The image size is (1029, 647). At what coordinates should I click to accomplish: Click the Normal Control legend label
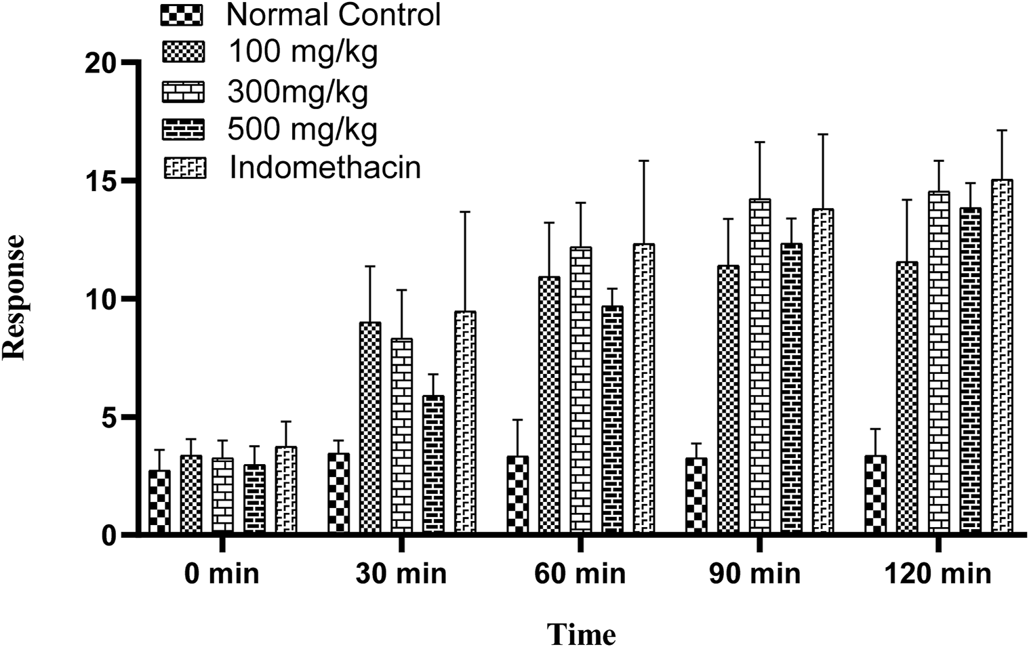tap(334, 14)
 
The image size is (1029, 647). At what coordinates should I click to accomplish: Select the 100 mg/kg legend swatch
tap(183, 52)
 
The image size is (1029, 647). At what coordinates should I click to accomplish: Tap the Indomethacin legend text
tap(325, 167)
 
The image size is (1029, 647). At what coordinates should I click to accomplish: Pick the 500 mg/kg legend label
tap(302, 129)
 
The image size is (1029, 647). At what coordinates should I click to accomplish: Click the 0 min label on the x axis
tap(222, 574)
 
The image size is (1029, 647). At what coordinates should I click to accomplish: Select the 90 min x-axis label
tap(754, 574)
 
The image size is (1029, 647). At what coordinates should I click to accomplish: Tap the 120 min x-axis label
tap(937, 574)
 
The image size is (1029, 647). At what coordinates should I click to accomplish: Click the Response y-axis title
tap(14, 297)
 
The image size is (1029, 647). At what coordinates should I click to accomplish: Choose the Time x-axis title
tap(581, 635)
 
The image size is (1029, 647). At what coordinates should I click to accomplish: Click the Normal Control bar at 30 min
tap(338, 493)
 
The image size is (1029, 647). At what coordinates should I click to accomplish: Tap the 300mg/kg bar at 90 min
tap(760, 367)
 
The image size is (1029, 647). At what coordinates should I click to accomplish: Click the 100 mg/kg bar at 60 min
tap(549, 405)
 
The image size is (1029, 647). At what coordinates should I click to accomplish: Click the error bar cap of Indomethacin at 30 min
tap(465, 212)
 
